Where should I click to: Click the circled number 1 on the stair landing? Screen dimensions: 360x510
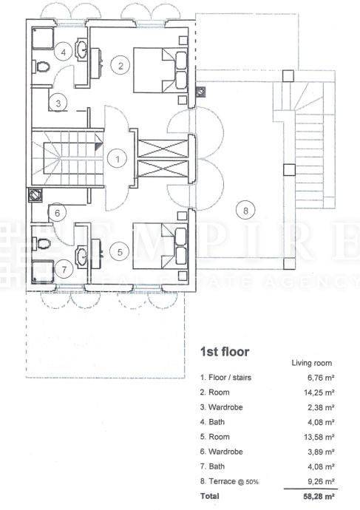click(x=118, y=159)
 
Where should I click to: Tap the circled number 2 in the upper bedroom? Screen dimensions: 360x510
click(x=121, y=66)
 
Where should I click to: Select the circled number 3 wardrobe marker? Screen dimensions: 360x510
click(x=58, y=103)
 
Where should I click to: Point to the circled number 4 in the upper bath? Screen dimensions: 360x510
click(x=64, y=52)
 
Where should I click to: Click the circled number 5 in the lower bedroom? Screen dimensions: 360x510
click(x=120, y=252)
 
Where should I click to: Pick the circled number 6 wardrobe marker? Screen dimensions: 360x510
click(x=58, y=213)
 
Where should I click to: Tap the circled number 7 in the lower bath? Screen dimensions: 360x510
click(x=64, y=270)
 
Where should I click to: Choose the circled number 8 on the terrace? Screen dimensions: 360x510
click(x=245, y=211)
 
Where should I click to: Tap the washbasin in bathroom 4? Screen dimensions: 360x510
click(x=81, y=50)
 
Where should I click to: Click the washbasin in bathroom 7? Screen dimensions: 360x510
click(x=81, y=258)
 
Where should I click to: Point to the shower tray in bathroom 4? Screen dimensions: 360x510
click(x=43, y=38)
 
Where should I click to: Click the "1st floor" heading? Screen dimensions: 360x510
click(x=225, y=352)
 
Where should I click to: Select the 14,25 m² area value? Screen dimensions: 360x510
click(x=319, y=392)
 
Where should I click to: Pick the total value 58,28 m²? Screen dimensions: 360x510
click(x=319, y=497)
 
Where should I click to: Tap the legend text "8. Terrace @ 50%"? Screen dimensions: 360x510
click(x=229, y=481)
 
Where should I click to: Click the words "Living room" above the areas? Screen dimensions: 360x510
click(x=311, y=363)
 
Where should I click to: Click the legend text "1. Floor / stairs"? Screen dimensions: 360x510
click(x=225, y=378)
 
